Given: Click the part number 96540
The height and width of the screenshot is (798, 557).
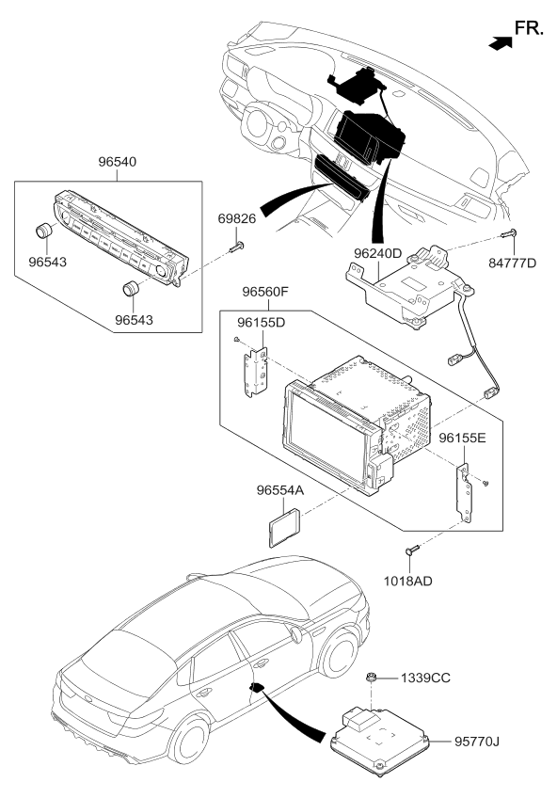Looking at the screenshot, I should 117,162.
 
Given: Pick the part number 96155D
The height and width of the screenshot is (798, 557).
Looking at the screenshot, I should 262,323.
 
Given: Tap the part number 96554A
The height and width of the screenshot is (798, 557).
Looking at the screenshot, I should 280,490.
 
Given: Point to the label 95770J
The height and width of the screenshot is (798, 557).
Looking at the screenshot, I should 476,742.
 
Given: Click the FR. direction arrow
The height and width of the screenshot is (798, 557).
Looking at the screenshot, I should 501,40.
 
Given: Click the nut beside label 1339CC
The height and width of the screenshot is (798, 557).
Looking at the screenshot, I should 373,678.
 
